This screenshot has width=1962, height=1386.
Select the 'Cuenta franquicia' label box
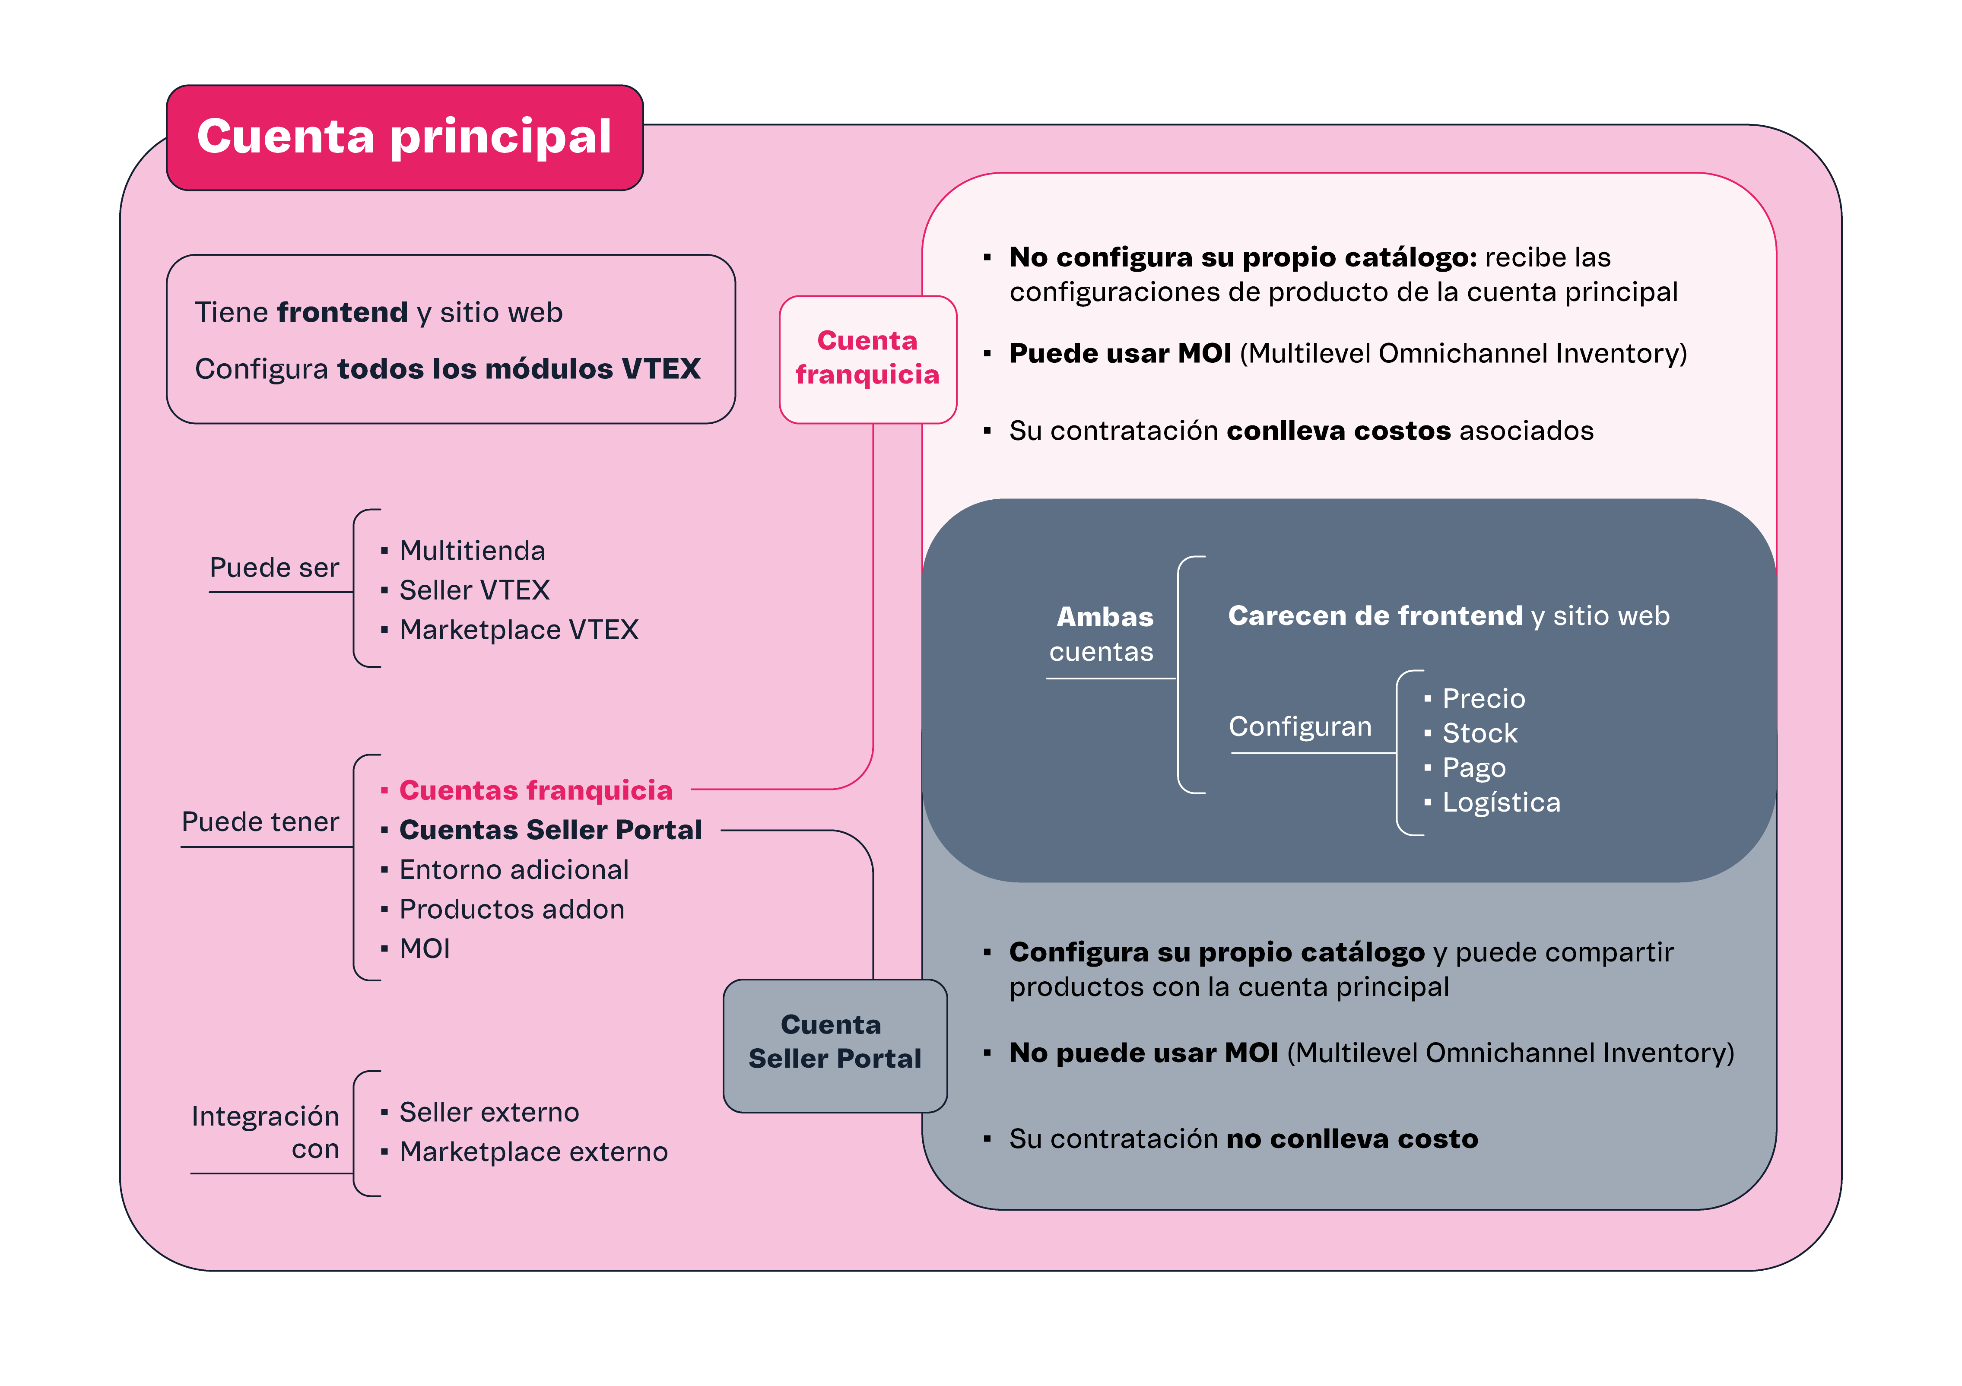867,359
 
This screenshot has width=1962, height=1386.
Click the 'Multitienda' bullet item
472,551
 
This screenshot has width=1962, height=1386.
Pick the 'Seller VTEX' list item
474,590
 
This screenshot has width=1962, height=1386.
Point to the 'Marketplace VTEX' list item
519,630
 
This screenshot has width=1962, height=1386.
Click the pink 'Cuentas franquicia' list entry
536,790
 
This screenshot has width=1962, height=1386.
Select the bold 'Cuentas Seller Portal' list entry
550,830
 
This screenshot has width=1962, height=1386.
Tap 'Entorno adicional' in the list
514,870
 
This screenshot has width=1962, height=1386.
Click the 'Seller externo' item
489,1113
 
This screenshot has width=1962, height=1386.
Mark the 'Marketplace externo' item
533,1152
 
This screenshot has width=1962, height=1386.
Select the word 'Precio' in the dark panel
1483,699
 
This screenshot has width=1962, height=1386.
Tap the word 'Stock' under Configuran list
1479,733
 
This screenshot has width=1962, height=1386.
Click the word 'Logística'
1501,802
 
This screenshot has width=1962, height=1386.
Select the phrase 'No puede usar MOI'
1143,1053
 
